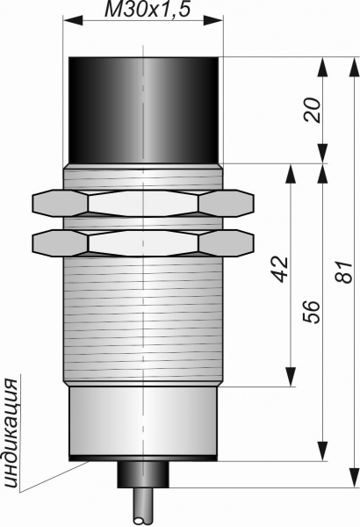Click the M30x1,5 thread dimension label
coord(148,10)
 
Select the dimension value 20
coord(312,110)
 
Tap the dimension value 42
coord(280,270)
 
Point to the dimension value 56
coord(311,312)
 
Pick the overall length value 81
coord(344,271)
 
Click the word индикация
coord(12,434)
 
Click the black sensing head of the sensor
coord(143,111)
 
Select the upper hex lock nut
coord(143,203)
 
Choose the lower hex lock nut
coord(143,243)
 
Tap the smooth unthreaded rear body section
coord(143,421)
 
